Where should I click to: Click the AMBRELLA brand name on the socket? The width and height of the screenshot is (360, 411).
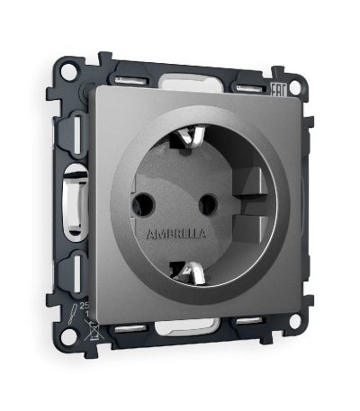(x=175, y=233)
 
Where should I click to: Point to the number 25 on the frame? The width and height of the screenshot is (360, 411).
(x=85, y=307)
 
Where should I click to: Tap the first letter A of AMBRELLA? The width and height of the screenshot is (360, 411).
(x=149, y=232)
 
